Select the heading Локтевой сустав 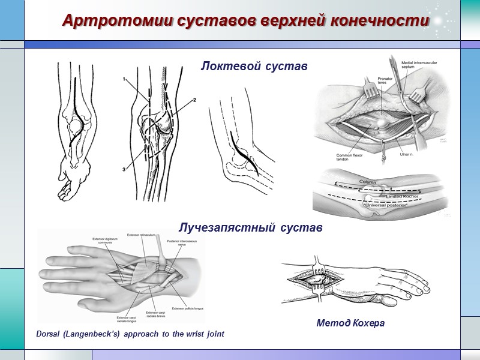click(254, 67)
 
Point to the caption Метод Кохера click(350, 323)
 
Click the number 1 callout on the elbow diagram click(124, 79)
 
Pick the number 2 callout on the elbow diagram click(195, 100)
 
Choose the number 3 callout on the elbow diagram click(124, 170)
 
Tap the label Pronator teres click(385, 81)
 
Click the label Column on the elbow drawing click(368, 181)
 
